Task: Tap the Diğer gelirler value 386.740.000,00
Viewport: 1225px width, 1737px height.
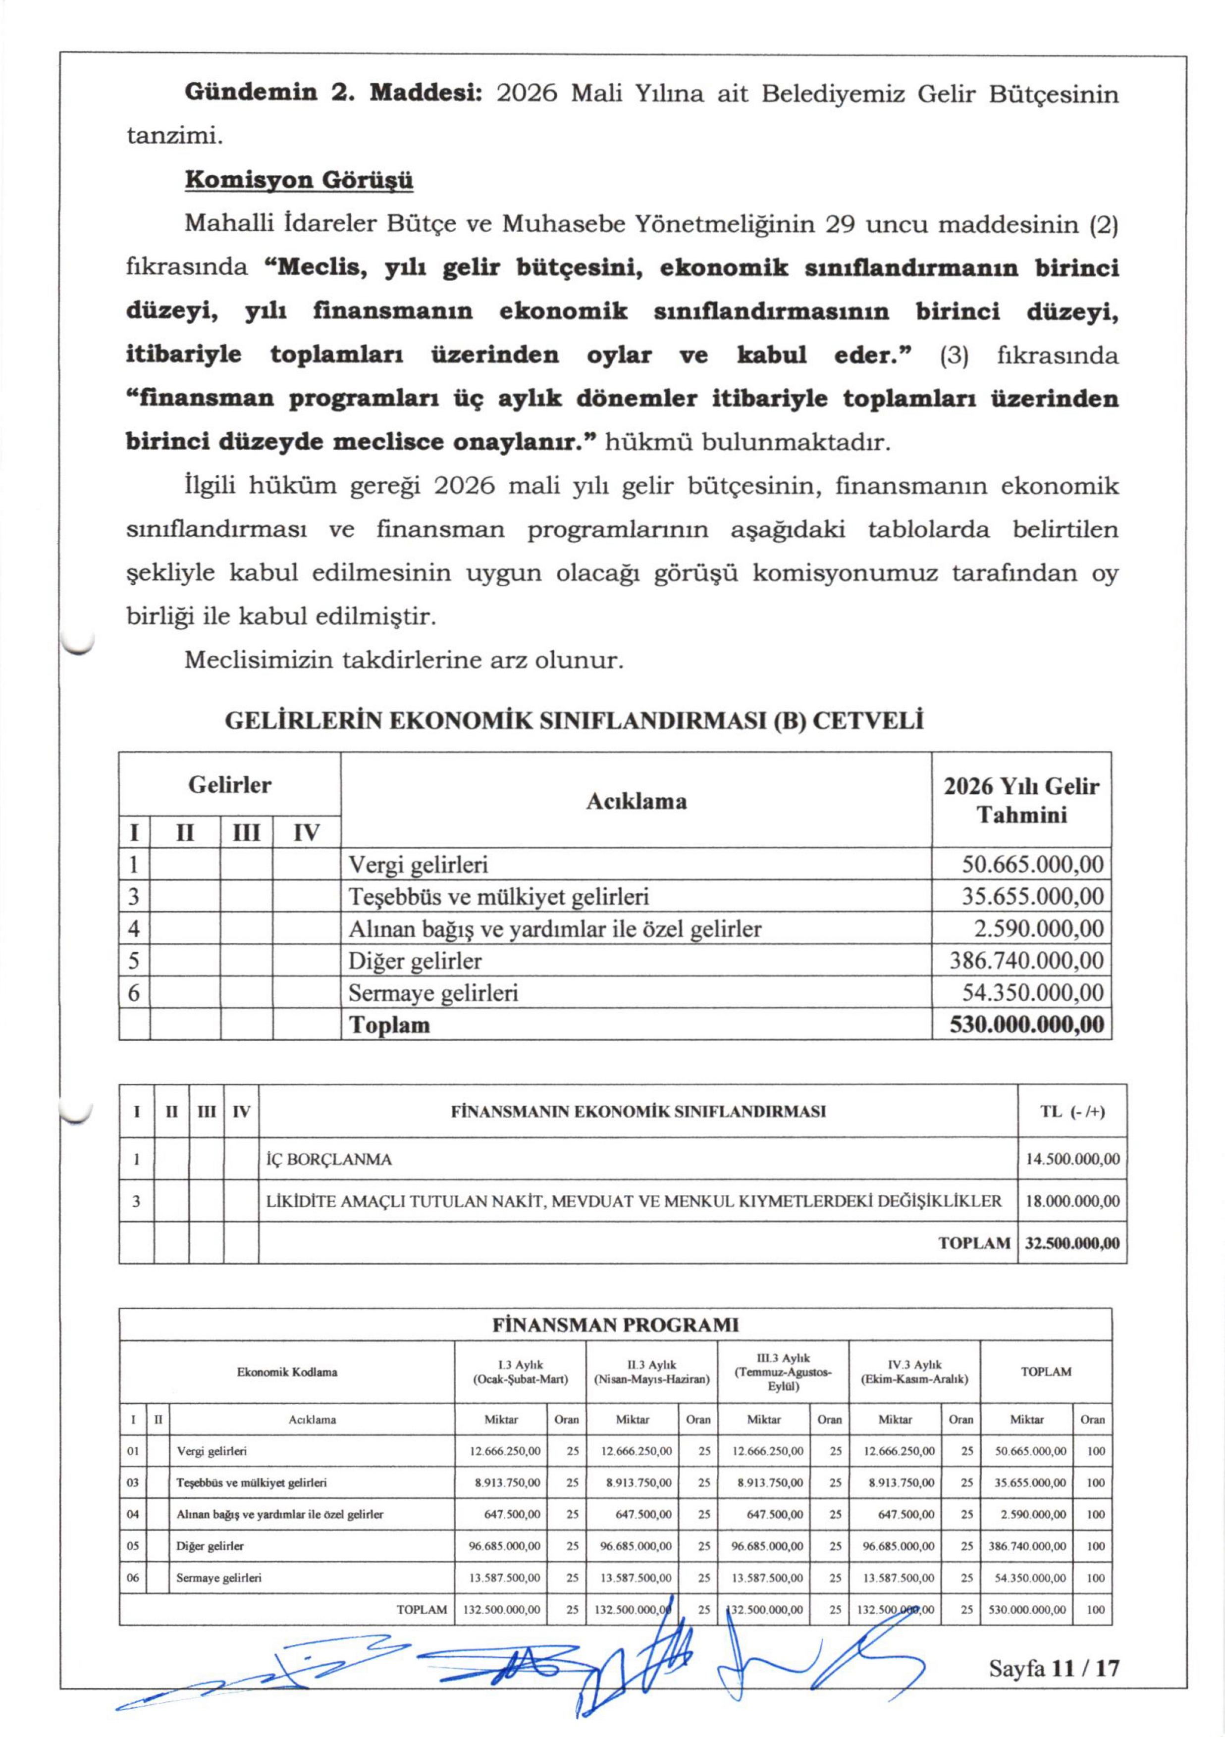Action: click(x=1026, y=961)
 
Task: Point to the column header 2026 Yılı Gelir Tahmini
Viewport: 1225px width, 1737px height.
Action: click(x=1021, y=800)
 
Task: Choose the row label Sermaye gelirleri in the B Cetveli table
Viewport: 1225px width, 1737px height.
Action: click(x=433, y=993)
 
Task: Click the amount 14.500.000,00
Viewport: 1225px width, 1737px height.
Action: click(x=1072, y=1160)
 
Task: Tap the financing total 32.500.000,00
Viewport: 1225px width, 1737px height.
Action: click(x=1072, y=1243)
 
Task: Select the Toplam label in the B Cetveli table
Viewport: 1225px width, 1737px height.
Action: click(x=389, y=1025)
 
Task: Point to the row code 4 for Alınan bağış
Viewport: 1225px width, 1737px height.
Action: click(x=134, y=928)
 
